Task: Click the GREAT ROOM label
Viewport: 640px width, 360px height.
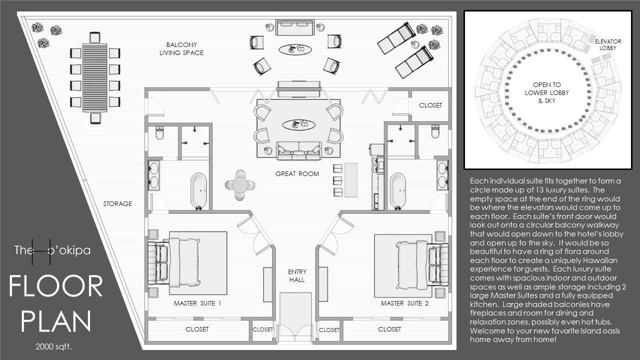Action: click(x=297, y=173)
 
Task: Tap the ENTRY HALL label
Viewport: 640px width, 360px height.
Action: click(x=297, y=275)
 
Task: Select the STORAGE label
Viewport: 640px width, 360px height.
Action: click(x=117, y=203)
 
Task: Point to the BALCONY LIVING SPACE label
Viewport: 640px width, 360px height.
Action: click(x=181, y=49)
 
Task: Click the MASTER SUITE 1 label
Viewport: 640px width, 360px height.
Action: click(x=197, y=303)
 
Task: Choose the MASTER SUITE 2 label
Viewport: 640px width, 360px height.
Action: click(x=405, y=303)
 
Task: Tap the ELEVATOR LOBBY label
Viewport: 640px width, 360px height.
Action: click(x=608, y=44)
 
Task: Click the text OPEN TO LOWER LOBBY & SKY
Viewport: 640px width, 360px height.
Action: click(x=547, y=92)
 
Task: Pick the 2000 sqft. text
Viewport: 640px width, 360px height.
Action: click(x=53, y=346)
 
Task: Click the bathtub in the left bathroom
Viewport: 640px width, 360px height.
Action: click(x=198, y=191)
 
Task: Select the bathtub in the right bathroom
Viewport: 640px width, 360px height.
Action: click(x=397, y=191)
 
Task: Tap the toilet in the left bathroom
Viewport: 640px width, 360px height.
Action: click(x=159, y=133)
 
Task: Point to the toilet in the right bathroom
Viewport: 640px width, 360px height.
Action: click(x=435, y=131)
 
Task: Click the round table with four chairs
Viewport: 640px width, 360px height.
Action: click(x=240, y=185)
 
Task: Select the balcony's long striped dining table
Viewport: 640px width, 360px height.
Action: click(x=95, y=77)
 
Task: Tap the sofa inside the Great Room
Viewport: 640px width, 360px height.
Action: click(x=298, y=150)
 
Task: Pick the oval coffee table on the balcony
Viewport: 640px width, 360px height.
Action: click(x=295, y=49)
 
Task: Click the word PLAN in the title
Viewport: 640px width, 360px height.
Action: click(x=56, y=321)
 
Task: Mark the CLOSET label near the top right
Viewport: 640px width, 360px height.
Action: click(x=430, y=105)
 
